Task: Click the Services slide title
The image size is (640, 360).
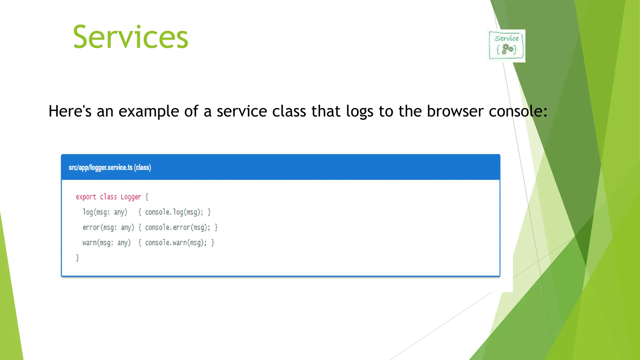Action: (130, 37)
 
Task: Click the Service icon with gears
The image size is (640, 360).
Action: (507, 46)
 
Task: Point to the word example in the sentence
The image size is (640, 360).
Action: (149, 112)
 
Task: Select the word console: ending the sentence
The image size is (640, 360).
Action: (518, 111)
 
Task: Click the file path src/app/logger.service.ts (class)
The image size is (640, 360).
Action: (110, 167)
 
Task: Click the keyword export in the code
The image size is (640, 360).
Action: (86, 197)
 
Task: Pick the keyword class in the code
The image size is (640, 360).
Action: (108, 197)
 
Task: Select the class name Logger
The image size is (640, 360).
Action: (131, 197)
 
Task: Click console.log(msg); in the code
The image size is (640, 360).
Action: (174, 212)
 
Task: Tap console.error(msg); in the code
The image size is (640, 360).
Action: (177, 227)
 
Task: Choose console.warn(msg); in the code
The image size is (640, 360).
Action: (176, 243)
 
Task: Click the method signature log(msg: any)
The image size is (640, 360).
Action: (105, 212)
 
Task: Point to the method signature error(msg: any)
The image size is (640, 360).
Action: (108, 227)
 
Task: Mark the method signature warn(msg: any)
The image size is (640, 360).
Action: (107, 243)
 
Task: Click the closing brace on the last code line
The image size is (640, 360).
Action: (77, 258)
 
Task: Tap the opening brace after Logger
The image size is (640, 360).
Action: (147, 197)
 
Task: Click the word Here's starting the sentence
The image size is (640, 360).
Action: (70, 111)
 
